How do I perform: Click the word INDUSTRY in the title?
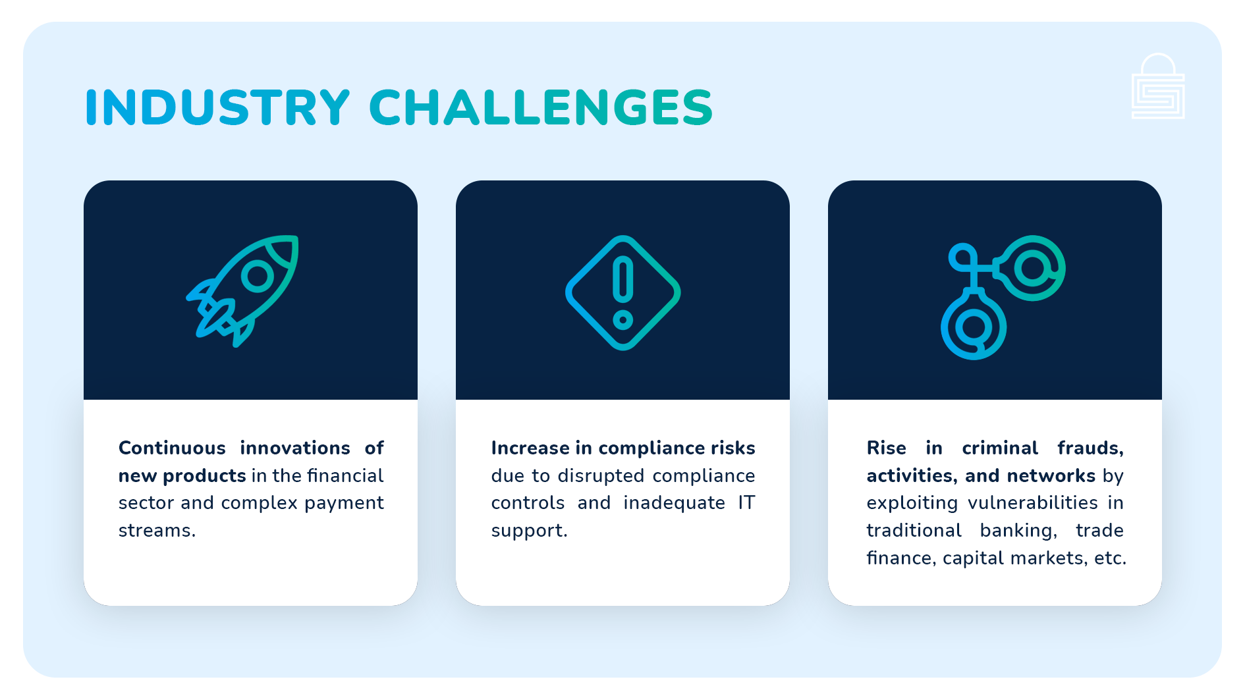(217, 107)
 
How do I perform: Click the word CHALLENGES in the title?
(541, 107)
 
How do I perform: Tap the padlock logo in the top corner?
(1157, 87)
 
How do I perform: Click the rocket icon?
(243, 290)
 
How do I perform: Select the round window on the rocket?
(258, 277)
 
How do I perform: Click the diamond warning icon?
(622, 292)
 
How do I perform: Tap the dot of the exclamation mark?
(622, 321)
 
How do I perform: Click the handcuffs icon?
(1001, 296)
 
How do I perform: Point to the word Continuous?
(172, 448)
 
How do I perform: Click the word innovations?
(295, 448)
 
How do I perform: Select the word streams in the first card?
(156, 531)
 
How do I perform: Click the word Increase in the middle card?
(530, 448)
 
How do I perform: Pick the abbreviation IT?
(746, 503)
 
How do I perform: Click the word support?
(528, 531)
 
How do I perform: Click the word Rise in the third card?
(886, 448)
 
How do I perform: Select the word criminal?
(1000, 448)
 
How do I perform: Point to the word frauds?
(1090, 448)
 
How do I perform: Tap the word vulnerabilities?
(1032, 503)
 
